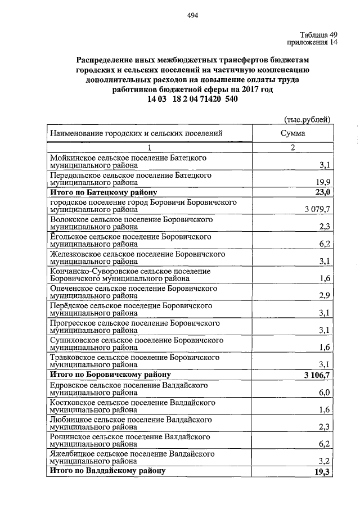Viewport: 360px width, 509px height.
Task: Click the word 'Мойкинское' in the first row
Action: pos(70,159)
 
